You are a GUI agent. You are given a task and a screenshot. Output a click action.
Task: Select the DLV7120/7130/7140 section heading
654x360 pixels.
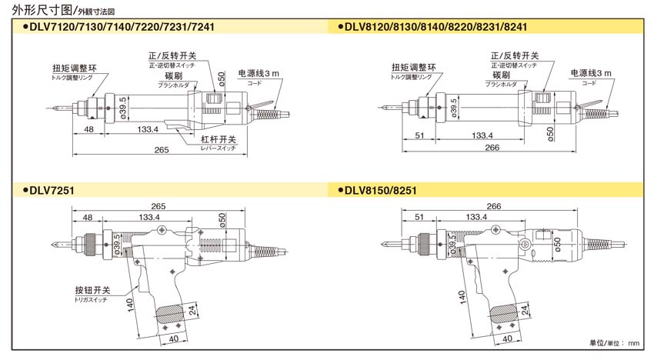(x=123, y=26)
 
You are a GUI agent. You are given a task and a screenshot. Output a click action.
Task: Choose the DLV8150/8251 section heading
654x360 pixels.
(x=380, y=188)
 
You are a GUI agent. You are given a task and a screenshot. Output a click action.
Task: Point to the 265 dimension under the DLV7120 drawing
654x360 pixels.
(x=161, y=149)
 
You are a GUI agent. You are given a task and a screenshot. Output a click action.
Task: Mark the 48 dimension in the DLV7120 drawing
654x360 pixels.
(x=89, y=130)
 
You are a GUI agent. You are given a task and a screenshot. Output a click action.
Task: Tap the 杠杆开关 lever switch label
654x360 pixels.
(x=218, y=139)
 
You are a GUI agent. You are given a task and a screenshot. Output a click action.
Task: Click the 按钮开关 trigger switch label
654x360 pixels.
(x=93, y=291)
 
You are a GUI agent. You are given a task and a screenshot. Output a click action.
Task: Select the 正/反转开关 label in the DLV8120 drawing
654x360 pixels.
(x=515, y=56)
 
